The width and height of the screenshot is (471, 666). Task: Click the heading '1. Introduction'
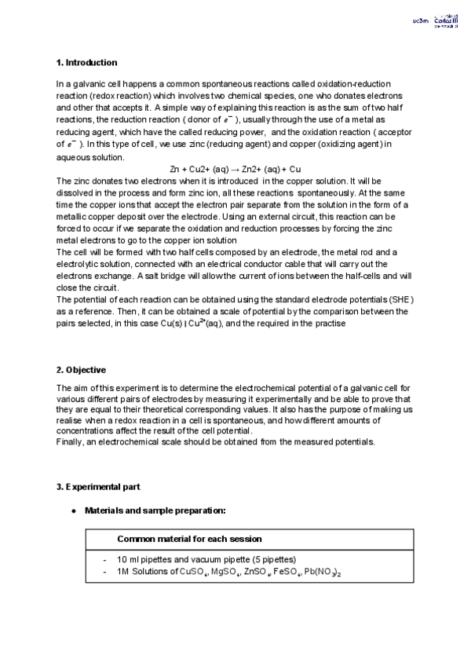86,63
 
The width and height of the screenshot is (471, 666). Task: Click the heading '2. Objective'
82,370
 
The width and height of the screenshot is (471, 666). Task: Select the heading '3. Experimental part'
98,488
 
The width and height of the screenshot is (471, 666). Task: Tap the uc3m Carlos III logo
428,22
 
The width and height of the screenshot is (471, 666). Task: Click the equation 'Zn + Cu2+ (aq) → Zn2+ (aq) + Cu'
235,170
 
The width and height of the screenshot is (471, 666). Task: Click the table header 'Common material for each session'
189,540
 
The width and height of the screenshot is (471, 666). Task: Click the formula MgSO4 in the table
226,573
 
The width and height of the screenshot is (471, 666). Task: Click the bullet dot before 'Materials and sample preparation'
73,511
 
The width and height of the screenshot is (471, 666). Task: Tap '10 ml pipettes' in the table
142,561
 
